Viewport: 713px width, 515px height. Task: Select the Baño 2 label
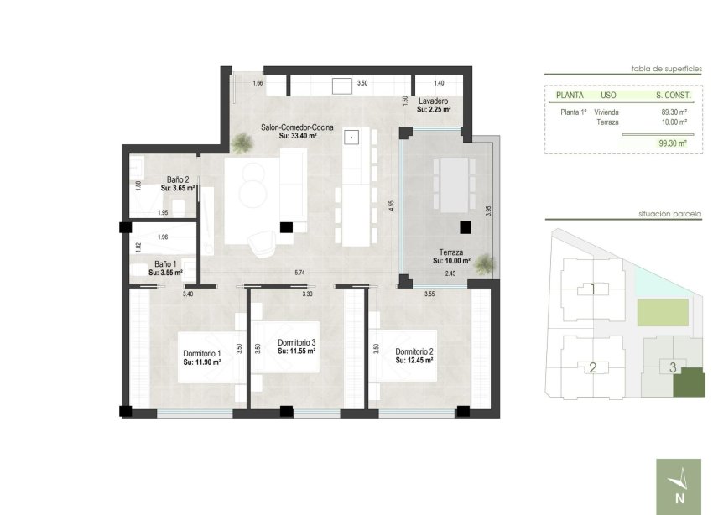coord(178,179)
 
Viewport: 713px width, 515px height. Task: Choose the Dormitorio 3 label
coord(296,342)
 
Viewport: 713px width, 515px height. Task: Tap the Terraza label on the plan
coord(451,252)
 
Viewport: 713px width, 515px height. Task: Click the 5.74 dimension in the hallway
coord(299,273)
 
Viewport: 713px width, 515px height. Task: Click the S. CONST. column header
coord(671,96)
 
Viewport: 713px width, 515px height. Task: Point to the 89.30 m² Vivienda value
coord(674,112)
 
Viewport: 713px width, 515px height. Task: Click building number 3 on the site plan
coord(673,367)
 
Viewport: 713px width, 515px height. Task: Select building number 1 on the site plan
coord(592,290)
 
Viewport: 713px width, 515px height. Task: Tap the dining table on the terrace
coord(450,185)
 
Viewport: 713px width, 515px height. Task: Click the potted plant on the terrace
coord(484,266)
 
